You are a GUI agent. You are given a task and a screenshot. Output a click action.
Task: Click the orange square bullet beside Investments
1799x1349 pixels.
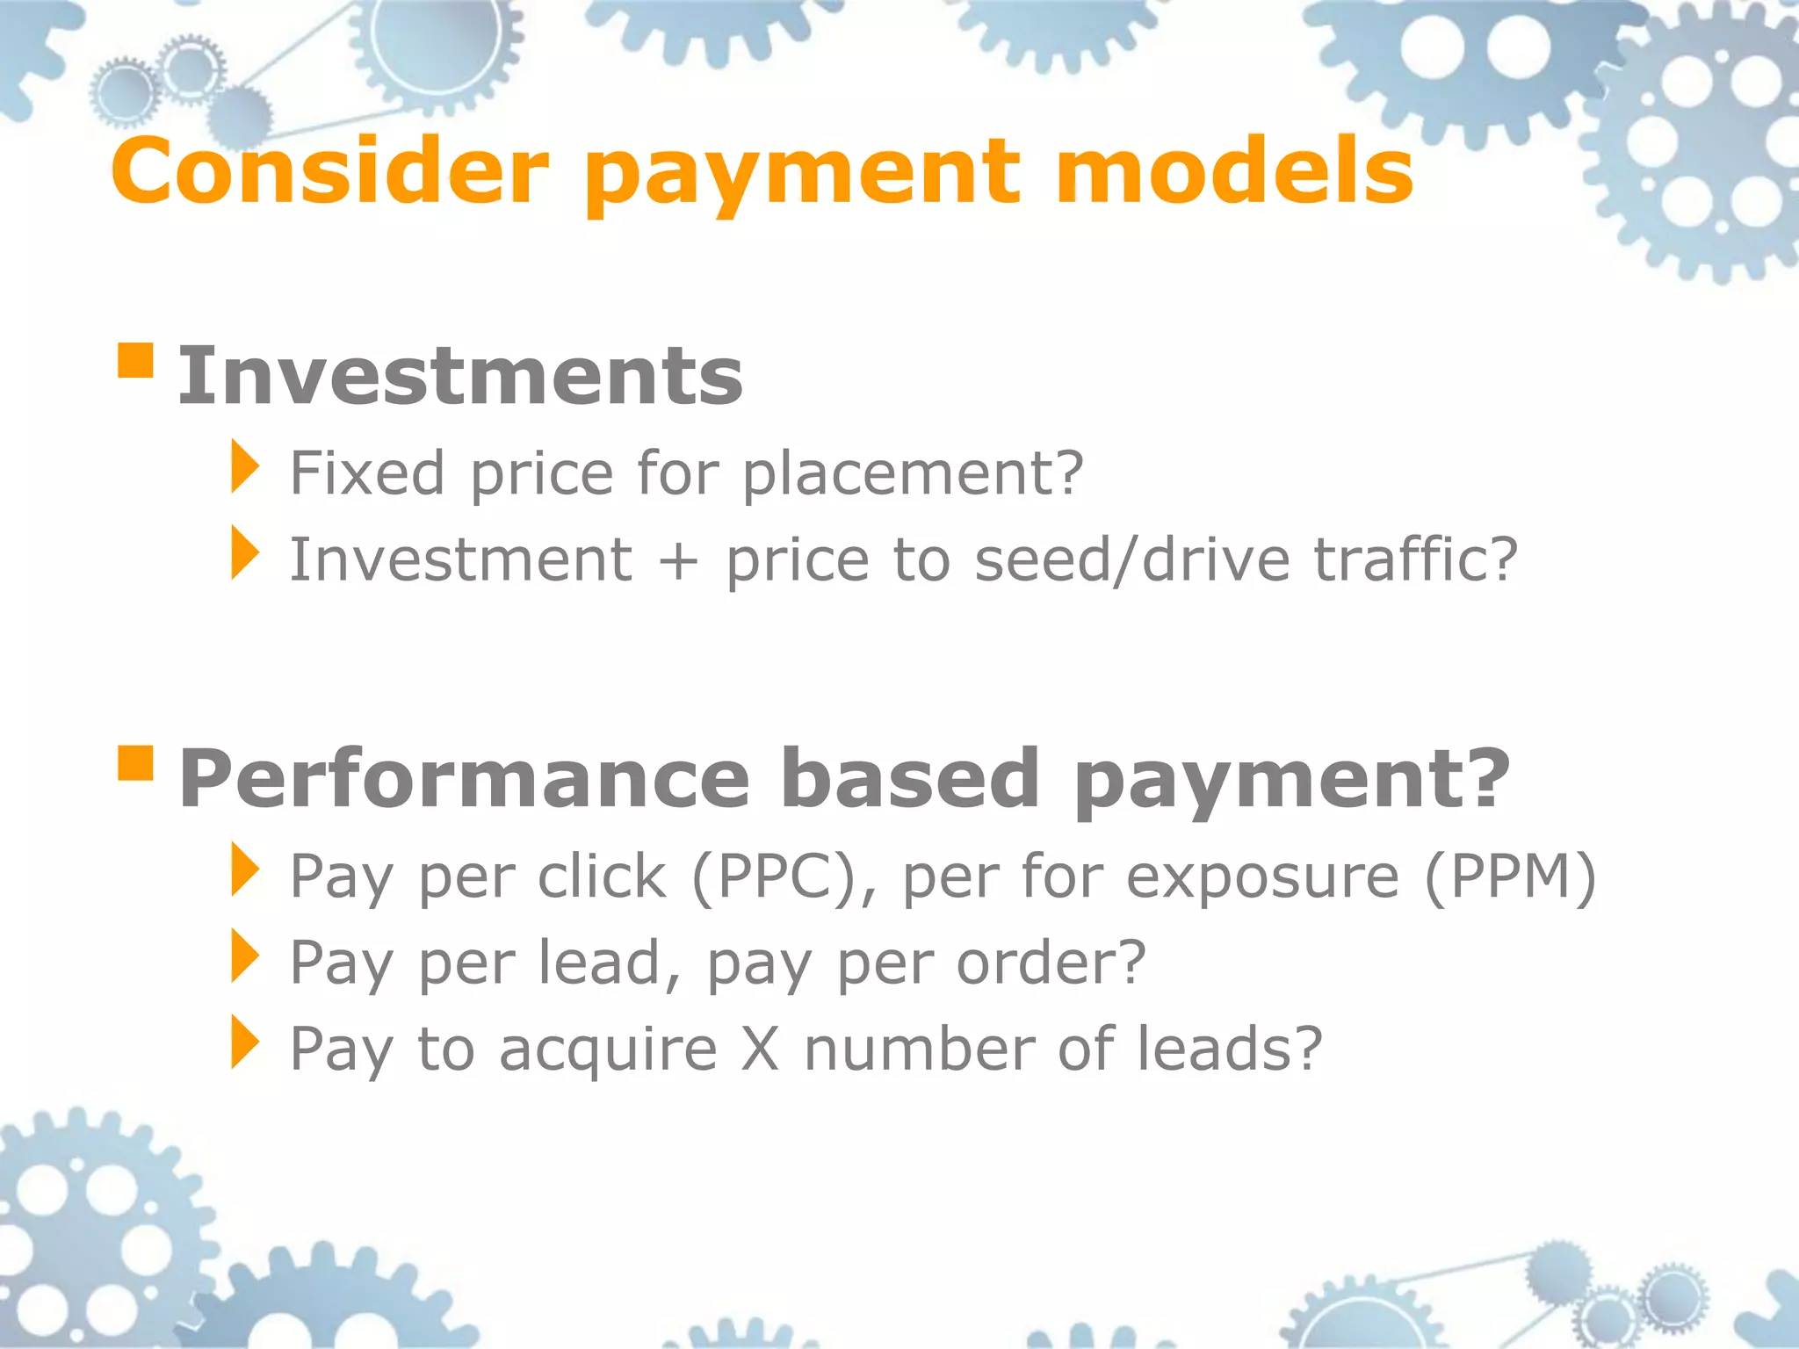pos(135,360)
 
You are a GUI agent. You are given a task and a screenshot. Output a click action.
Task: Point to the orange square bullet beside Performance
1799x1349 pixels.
pos(135,762)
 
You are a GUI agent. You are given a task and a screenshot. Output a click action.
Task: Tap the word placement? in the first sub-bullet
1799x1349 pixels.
pos(913,474)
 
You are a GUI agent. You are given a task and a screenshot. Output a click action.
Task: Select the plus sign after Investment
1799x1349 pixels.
pos(678,560)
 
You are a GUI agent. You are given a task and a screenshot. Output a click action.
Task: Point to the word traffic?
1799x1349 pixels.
pos(1416,560)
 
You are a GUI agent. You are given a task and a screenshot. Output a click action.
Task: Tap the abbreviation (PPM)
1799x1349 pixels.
pos(1509,876)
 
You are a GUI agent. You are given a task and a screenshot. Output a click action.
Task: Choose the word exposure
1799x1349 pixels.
pos(1262,878)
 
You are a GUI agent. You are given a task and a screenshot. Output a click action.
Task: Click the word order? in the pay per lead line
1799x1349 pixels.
pos(1051,963)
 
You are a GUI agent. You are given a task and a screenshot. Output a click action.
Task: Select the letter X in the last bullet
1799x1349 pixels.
pos(760,1049)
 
